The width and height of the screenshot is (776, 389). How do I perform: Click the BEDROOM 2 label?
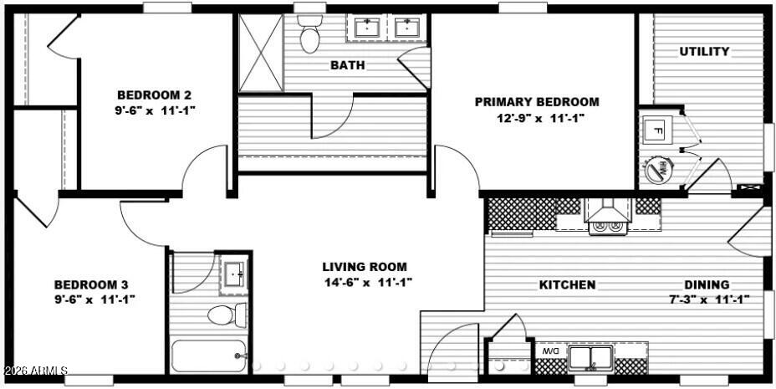[155, 95]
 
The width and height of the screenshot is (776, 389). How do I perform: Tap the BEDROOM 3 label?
[91, 284]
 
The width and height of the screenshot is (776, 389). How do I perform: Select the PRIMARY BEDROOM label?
[537, 102]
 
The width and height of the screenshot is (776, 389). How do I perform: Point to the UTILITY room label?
[704, 52]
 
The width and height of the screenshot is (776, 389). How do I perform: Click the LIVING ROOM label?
[365, 267]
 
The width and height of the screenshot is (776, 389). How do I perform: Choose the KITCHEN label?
[567, 284]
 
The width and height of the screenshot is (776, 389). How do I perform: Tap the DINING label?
[707, 284]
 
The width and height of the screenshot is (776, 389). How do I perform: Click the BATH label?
[347, 65]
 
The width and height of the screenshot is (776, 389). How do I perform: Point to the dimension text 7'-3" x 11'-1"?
[707, 299]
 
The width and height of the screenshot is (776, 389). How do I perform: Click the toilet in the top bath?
[310, 34]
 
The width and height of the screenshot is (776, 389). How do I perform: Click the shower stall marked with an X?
[260, 53]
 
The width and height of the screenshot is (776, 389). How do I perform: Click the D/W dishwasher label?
[550, 352]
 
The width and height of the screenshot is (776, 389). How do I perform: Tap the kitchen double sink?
[590, 357]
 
